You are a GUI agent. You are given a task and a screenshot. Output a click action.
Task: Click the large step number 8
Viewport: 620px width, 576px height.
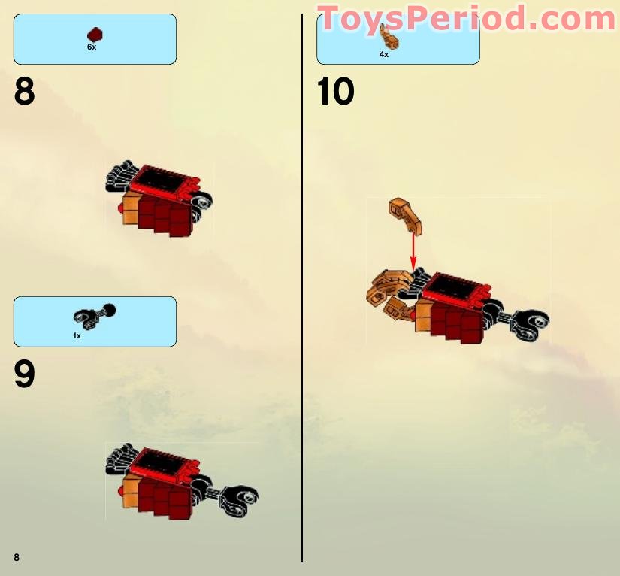pyautogui.click(x=25, y=92)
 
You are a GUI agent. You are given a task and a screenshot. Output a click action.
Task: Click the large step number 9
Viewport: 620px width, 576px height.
pyautogui.click(x=25, y=374)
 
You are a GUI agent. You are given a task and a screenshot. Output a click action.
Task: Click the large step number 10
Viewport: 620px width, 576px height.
pyautogui.click(x=335, y=92)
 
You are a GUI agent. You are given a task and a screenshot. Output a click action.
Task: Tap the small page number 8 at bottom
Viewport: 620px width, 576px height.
pyautogui.click(x=17, y=557)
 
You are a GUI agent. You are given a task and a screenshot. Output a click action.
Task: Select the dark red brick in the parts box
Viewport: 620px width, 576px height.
pyautogui.click(x=95, y=35)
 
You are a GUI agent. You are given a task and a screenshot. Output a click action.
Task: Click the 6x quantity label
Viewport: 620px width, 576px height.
pyautogui.click(x=92, y=47)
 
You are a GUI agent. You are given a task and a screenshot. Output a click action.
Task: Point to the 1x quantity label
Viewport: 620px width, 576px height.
pyautogui.click(x=77, y=336)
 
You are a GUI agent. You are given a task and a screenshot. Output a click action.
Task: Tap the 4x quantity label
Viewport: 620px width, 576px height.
pyautogui.click(x=384, y=55)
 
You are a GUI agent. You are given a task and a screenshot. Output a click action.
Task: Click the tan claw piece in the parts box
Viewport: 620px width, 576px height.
pyautogui.click(x=389, y=36)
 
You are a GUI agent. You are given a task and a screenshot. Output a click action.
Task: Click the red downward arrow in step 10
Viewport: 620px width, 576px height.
pyautogui.click(x=413, y=253)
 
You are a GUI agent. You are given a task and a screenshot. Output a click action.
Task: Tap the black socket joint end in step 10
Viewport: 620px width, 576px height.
pyautogui.click(x=531, y=323)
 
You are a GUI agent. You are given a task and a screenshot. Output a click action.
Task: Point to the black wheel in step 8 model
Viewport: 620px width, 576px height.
pyautogui.click(x=202, y=202)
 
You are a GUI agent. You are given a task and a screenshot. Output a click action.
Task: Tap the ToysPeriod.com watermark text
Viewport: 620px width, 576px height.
pyautogui.click(x=467, y=18)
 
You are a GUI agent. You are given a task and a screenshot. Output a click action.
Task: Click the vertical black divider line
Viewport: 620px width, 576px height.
pyautogui.click(x=302, y=288)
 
